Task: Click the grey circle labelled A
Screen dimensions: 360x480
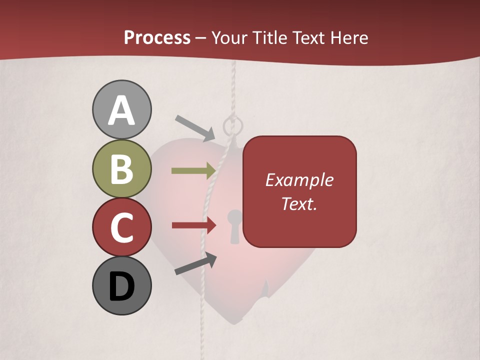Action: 121,109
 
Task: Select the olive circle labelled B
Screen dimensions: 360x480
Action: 121,168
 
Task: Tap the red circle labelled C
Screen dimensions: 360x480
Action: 121,227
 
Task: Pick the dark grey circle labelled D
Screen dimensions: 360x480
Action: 121,286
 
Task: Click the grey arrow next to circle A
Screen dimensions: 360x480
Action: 195,127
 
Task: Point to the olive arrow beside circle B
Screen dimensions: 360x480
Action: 193,171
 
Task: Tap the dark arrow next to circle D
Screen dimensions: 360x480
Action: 195,264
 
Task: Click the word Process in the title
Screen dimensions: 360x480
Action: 157,37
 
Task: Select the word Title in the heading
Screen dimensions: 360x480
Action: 269,37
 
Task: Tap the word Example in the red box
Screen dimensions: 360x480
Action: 299,180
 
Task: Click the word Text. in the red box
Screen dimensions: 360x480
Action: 299,203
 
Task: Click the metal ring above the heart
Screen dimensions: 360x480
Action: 231,126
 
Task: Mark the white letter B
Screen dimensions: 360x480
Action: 121,168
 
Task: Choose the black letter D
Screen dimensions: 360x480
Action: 121,286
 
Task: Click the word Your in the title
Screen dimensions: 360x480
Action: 230,37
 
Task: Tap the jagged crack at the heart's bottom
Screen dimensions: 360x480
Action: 262,297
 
